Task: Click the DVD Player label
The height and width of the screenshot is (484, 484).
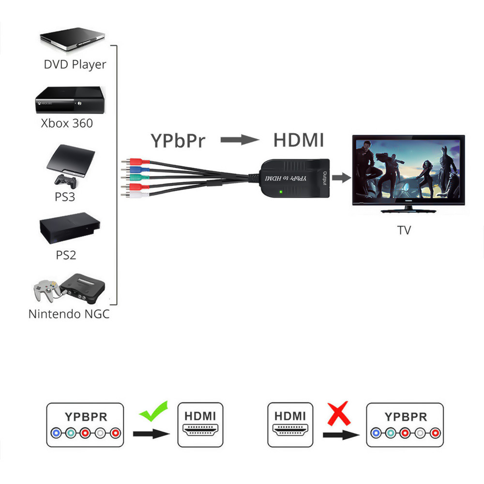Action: [75, 64]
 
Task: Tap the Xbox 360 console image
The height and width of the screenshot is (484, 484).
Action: [71, 101]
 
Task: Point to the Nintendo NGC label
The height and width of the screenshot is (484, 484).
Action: [69, 314]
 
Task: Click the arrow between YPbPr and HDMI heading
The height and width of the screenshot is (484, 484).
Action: [240, 140]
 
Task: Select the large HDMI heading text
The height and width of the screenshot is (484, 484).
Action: [298, 140]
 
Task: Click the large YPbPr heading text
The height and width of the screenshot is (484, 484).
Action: [178, 141]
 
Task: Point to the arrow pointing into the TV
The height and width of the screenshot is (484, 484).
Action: [342, 178]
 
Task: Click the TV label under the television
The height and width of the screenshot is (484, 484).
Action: [404, 230]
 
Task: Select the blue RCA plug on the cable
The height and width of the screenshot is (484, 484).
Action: [132, 169]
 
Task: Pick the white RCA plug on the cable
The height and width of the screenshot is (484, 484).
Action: [133, 195]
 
